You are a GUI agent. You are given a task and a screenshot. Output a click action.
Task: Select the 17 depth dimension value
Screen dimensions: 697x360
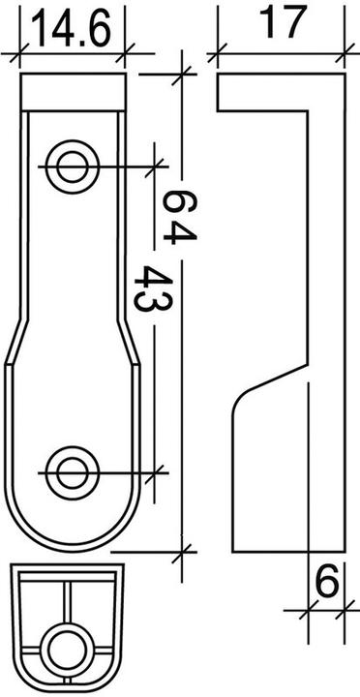click(x=283, y=21)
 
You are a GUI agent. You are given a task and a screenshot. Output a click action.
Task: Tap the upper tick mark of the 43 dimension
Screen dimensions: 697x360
click(x=154, y=166)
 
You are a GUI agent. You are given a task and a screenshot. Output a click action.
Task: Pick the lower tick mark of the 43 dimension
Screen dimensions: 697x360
click(x=154, y=471)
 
